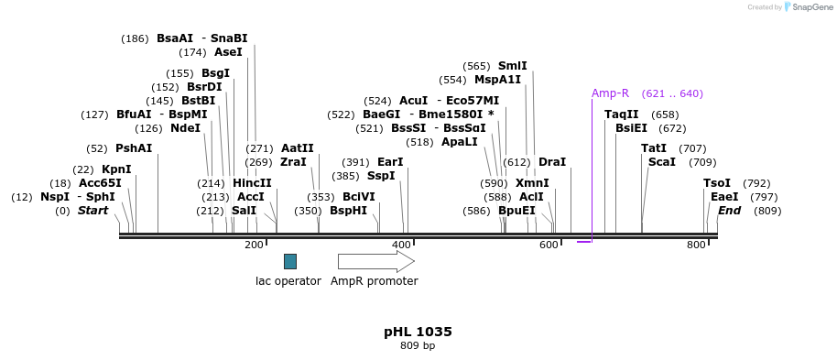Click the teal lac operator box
pos(290,261)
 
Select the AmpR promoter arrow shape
pos(375,262)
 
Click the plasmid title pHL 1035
pos(418,332)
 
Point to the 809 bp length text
pos(418,346)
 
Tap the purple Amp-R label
pos(610,93)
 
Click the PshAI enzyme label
pos(134,148)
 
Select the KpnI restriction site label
pos(116,169)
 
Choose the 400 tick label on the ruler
pos(401,245)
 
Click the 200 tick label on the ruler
pos(254,245)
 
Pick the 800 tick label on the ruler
pos(696,245)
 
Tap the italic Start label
pos(92,211)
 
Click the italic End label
pos(730,211)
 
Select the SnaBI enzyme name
pos(229,38)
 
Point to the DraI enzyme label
pos(552,162)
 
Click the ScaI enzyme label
pos(662,162)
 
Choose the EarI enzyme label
pos(390,162)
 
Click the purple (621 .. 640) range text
pos(672,93)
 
